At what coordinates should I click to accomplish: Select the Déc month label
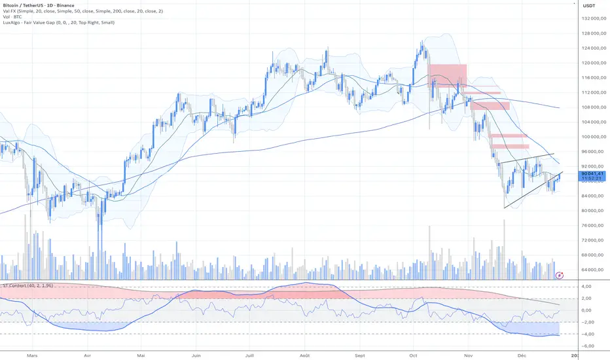click(522, 355)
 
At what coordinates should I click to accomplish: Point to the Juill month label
click(249, 355)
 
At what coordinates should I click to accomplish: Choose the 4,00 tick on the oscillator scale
click(587, 287)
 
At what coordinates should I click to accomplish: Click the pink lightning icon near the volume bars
click(559, 276)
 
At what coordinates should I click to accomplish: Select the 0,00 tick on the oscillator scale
click(587, 310)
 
